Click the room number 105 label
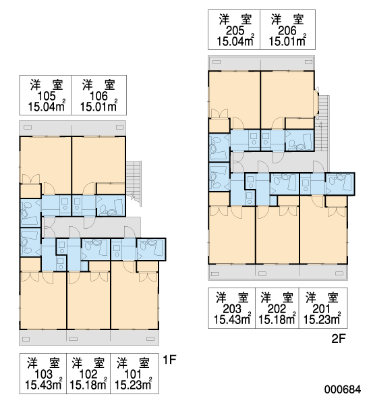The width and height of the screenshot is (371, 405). pyautogui.click(x=47, y=96)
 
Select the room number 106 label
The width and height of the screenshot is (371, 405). pyautogui.click(x=98, y=96)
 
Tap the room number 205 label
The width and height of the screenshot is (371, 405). pyautogui.click(x=235, y=31)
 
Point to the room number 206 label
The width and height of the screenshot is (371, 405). pyautogui.click(x=287, y=31)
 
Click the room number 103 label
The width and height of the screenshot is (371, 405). pyautogui.click(x=43, y=374)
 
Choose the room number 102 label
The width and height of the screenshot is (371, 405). pyautogui.click(x=88, y=374)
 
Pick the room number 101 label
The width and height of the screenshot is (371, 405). pyautogui.click(x=133, y=374)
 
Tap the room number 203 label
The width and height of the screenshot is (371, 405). pyautogui.click(x=232, y=308)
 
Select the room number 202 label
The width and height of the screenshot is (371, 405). pyautogui.click(x=277, y=308)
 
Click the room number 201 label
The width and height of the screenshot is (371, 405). pyautogui.click(x=322, y=308)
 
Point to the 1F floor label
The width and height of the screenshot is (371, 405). pyautogui.click(x=169, y=360)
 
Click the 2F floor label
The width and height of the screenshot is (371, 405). pyautogui.click(x=339, y=339)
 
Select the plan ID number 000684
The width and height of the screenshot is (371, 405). pyautogui.click(x=343, y=389)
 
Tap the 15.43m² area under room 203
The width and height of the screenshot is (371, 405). pyautogui.click(x=232, y=319)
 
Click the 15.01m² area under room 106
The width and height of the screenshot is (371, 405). pyautogui.click(x=98, y=106)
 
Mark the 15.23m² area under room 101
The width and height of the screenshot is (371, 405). pyautogui.click(x=133, y=385)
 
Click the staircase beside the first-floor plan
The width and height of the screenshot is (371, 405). pyautogui.click(x=134, y=184)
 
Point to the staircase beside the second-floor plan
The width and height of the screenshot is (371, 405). pyautogui.click(x=322, y=134)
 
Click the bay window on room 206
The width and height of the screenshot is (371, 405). pyautogui.click(x=316, y=103)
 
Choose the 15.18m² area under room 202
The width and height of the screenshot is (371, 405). pyautogui.click(x=277, y=319)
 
